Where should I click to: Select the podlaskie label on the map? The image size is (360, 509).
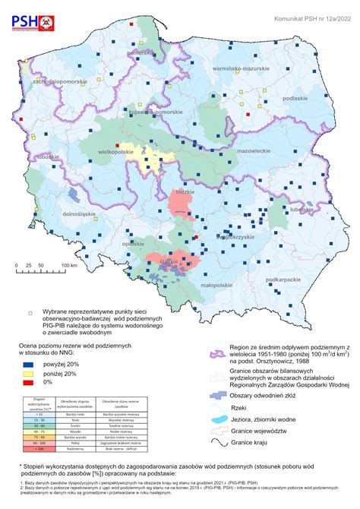tap(294, 98)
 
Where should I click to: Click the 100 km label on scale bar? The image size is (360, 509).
tap(68, 265)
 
